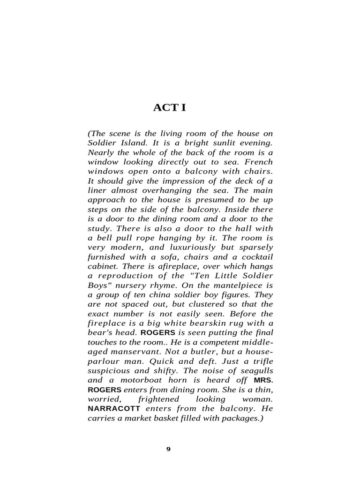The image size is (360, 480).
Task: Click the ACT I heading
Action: click(169, 108)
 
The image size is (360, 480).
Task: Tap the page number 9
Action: click(169, 449)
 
